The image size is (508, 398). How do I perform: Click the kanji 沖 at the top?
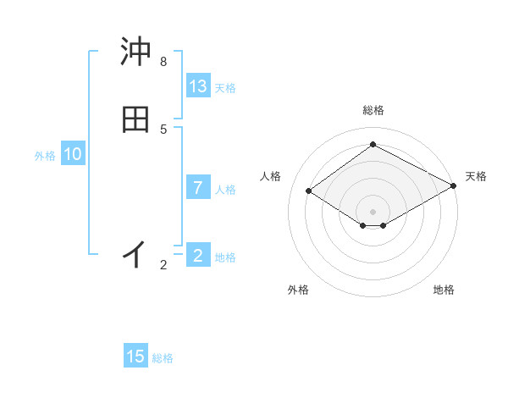[135, 52]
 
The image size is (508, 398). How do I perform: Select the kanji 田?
[135, 119]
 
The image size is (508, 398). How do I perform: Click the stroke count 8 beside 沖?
[163, 62]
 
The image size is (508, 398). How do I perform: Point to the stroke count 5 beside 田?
[163, 129]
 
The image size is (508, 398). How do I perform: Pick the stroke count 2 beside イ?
[163, 265]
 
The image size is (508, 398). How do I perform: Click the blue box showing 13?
[198, 86]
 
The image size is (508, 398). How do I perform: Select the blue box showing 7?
[198, 187]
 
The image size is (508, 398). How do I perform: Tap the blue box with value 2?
[198, 255]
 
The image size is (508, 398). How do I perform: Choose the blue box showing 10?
[73, 154]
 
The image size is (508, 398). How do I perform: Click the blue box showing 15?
[135, 357]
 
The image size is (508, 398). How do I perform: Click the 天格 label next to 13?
[225, 88]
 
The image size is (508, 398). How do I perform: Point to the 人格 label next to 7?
[225, 190]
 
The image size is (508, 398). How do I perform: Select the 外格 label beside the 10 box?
[45, 156]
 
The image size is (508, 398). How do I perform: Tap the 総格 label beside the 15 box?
[163, 358]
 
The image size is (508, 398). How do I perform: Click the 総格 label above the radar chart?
[373, 110]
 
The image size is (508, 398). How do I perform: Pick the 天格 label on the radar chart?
[476, 176]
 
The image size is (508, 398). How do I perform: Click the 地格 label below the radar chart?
[444, 290]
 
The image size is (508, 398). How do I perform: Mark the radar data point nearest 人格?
[309, 191]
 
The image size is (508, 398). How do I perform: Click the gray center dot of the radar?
[373, 212]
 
